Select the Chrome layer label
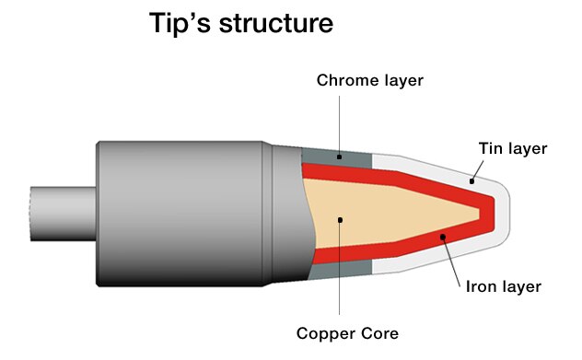[370, 80]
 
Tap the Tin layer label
[514, 148]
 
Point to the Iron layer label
[502, 286]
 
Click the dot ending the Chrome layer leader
[339, 157]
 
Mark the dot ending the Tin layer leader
[471, 180]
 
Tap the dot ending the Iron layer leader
[443, 238]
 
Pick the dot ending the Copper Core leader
[341, 219]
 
